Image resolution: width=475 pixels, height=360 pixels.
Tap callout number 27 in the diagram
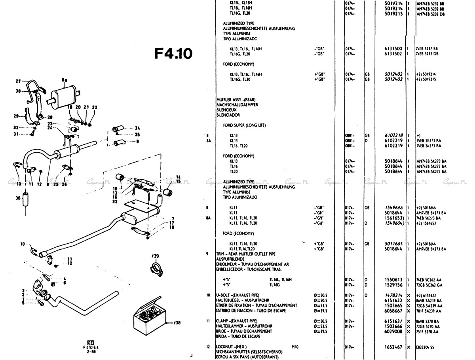pyautogui.click(x=18, y=81)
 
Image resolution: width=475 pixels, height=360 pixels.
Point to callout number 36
pyautogui.click(x=18, y=198)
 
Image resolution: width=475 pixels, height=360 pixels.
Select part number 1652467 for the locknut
pyautogui.click(x=394, y=347)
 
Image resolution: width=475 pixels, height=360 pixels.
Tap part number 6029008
pyautogui.click(x=394, y=331)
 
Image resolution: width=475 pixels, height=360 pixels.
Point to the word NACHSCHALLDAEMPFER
pyautogui.click(x=237, y=105)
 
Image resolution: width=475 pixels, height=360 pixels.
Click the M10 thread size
pyautogui.click(x=294, y=347)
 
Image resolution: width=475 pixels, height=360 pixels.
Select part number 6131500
pyautogui.click(x=394, y=49)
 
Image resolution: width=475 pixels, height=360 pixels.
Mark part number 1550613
pyautogui.click(x=394, y=279)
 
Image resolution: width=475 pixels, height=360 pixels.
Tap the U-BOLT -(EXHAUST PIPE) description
pyautogui.click(x=237, y=295)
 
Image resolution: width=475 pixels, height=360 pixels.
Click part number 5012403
pyautogui.click(x=394, y=79)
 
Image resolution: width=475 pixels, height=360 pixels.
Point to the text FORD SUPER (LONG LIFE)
pyautogui.click(x=244, y=125)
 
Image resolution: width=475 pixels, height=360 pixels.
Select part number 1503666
pyautogui.click(x=394, y=326)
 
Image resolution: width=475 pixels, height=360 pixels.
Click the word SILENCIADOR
pyautogui.click(x=228, y=115)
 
